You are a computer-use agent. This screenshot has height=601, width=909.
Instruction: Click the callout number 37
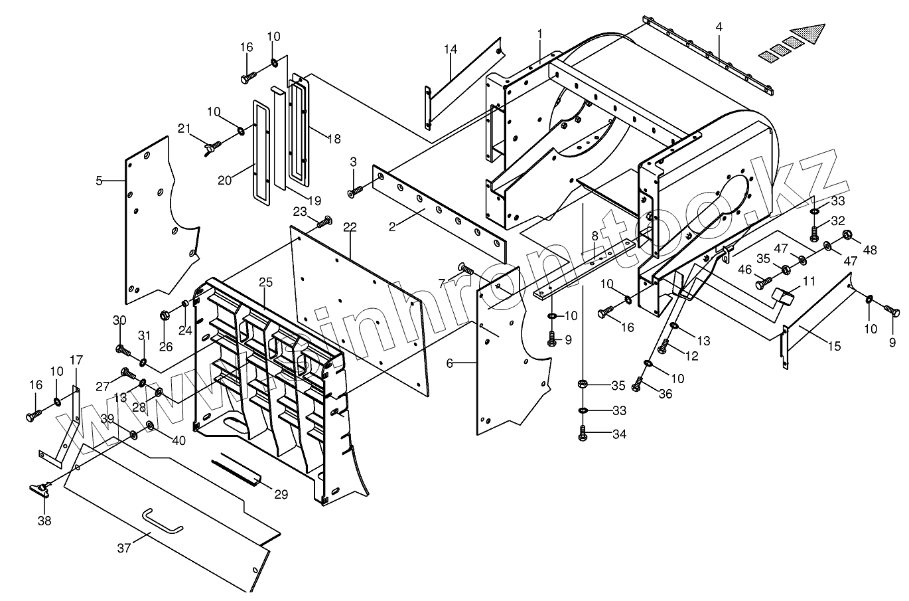pyautogui.click(x=124, y=548)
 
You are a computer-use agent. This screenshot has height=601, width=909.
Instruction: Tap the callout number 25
pyautogui.click(x=265, y=282)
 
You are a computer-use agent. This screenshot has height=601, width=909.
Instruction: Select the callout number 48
pyautogui.click(x=871, y=251)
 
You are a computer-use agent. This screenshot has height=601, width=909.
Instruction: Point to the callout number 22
pyautogui.click(x=350, y=227)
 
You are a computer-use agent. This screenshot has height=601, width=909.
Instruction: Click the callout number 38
pyautogui.click(x=44, y=521)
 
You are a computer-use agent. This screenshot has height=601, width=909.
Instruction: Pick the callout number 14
pyautogui.click(x=451, y=49)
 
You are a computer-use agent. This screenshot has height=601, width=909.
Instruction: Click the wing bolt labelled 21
pyautogui.click(x=212, y=145)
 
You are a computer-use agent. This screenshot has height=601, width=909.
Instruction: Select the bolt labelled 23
pyautogui.click(x=324, y=222)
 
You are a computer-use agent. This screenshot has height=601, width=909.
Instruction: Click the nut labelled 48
pyautogui.click(x=847, y=235)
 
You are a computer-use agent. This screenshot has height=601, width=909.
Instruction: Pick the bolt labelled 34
pyautogui.click(x=582, y=435)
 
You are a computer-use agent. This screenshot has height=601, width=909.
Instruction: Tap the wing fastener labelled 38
pyautogui.click(x=40, y=489)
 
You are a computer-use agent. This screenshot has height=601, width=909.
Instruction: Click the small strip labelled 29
pyautogui.click(x=238, y=469)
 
